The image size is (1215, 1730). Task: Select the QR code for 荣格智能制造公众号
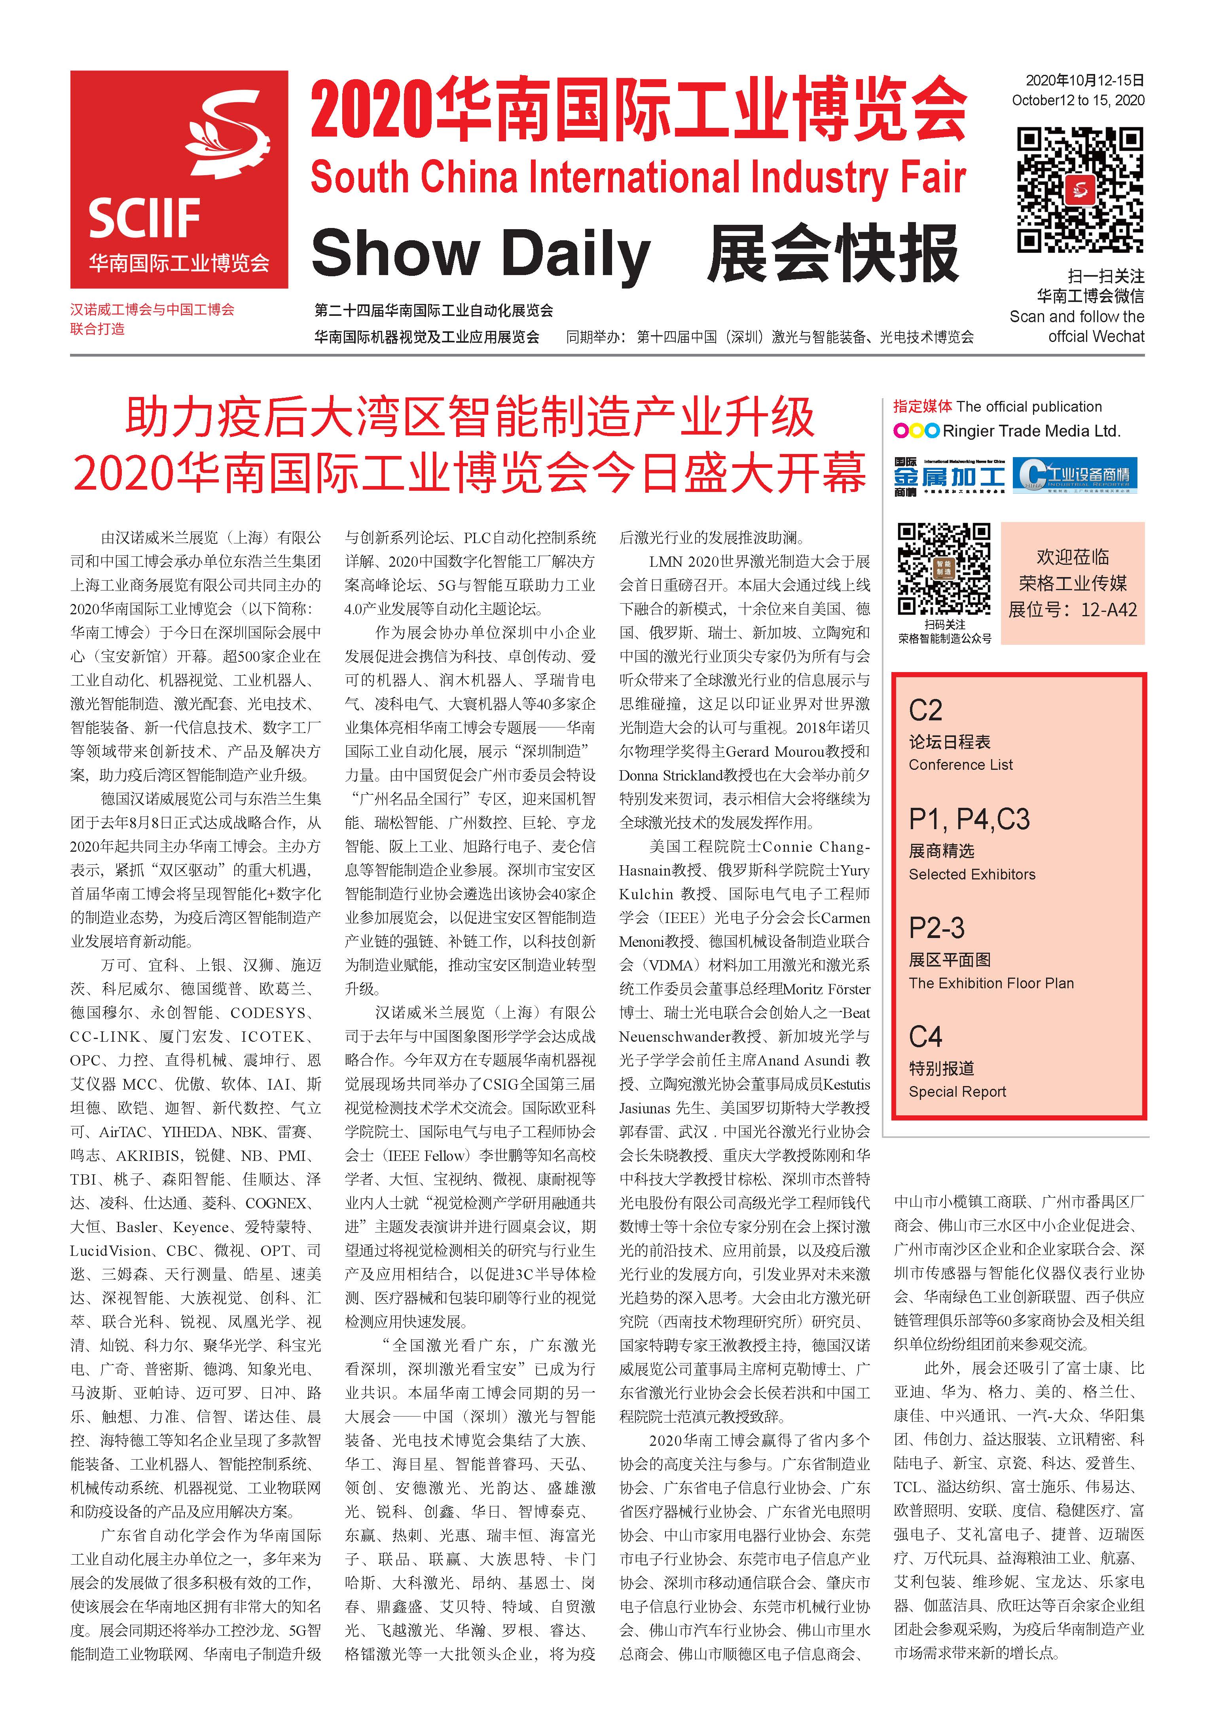tap(943, 569)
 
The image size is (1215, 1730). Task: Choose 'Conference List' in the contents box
tap(960, 765)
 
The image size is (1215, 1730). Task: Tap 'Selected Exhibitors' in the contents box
tap(972, 874)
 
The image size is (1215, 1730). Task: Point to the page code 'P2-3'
tap(936, 928)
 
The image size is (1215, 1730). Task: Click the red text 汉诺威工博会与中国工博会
tap(152, 310)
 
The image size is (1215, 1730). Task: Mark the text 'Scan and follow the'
tap(1077, 317)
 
